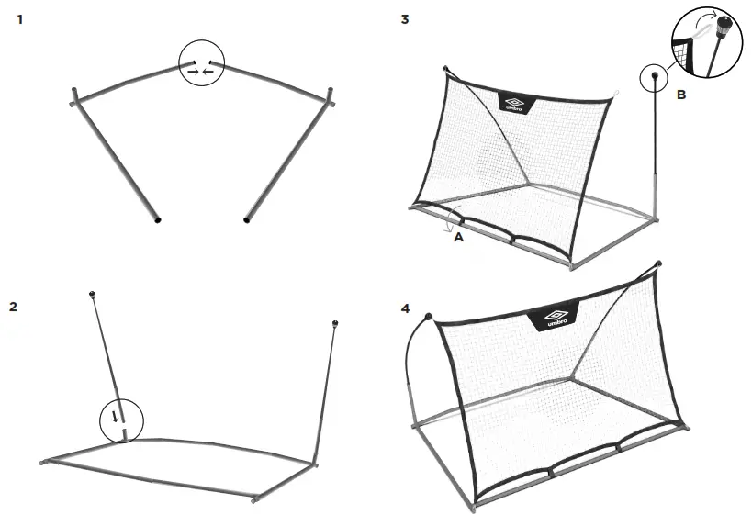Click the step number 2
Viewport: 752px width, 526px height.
coord(13,307)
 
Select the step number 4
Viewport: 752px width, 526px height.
coord(405,307)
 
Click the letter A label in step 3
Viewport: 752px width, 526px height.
coord(459,236)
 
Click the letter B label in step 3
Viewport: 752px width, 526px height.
coord(680,94)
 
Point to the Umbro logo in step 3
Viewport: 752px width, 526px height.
coord(515,103)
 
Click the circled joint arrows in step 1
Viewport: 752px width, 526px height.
coord(200,64)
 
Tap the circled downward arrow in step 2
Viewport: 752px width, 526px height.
coord(122,421)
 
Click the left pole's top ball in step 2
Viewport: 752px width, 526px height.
coord(92,294)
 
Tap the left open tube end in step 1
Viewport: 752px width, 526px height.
coord(157,221)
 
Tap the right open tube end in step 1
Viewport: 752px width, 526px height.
coord(245,220)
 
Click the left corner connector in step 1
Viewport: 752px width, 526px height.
coord(74,97)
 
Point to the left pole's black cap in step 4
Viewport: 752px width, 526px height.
coord(427,319)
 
